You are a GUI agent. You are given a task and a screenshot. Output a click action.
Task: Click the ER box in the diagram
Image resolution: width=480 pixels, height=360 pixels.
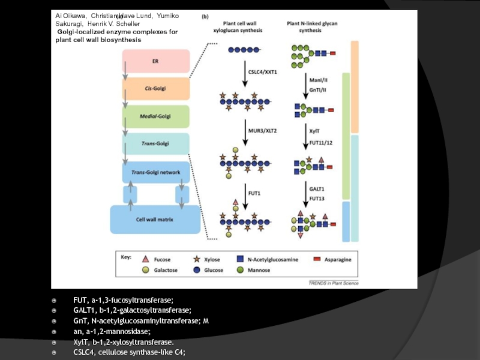pos(156,61)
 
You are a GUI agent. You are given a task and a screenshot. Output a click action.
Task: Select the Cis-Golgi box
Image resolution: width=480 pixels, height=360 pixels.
pos(156,89)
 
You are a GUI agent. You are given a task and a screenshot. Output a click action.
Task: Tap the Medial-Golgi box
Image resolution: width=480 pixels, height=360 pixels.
pos(156,116)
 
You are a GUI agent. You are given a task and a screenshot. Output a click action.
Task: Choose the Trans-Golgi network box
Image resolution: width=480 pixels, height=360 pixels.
pos(156,172)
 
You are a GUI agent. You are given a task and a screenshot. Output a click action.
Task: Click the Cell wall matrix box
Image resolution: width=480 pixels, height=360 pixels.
pos(156,220)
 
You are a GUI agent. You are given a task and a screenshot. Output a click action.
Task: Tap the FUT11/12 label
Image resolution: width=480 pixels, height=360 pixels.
pos(321,142)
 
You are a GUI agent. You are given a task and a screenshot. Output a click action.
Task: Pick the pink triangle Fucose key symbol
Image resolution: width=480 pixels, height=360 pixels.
pos(145,259)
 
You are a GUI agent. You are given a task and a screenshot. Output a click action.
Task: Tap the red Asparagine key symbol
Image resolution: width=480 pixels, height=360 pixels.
pos(316,259)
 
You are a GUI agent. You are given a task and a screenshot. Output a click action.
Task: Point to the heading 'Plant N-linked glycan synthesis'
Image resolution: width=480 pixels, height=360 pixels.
pos(313,23)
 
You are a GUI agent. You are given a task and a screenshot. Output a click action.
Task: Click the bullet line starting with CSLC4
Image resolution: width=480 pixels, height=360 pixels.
pos(129,352)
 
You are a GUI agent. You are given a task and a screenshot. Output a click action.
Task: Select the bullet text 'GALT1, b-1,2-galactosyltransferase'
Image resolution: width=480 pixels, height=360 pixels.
pos(132,310)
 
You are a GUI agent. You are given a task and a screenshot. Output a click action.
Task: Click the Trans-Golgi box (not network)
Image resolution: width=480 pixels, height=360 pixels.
pos(156,144)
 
